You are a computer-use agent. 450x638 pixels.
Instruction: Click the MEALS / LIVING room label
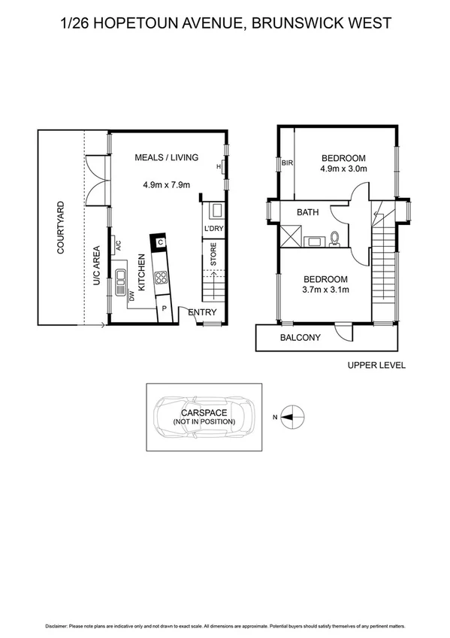click(x=166, y=157)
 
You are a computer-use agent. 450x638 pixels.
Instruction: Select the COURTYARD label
click(x=60, y=226)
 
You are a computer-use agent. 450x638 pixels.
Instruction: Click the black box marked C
click(x=160, y=242)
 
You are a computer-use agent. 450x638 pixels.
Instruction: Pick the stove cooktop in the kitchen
click(x=160, y=278)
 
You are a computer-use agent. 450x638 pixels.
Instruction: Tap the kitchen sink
click(x=120, y=276)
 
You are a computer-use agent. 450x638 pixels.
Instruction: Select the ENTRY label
click(x=202, y=312)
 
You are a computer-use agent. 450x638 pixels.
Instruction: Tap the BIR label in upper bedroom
click(x=286, y=163)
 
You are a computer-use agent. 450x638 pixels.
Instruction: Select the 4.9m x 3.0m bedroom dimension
click(x=343, y=169)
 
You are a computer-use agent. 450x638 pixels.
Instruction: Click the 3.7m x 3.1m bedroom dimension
click(x=325, y=290)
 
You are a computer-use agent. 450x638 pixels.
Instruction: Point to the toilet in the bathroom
click(x=335, y=238)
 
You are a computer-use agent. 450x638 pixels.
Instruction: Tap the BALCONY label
click(x=300, y=338)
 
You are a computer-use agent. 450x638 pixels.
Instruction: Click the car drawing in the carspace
click(x=204, y=417)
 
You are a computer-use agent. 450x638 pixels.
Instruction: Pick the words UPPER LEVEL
click(x=376, y=365)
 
